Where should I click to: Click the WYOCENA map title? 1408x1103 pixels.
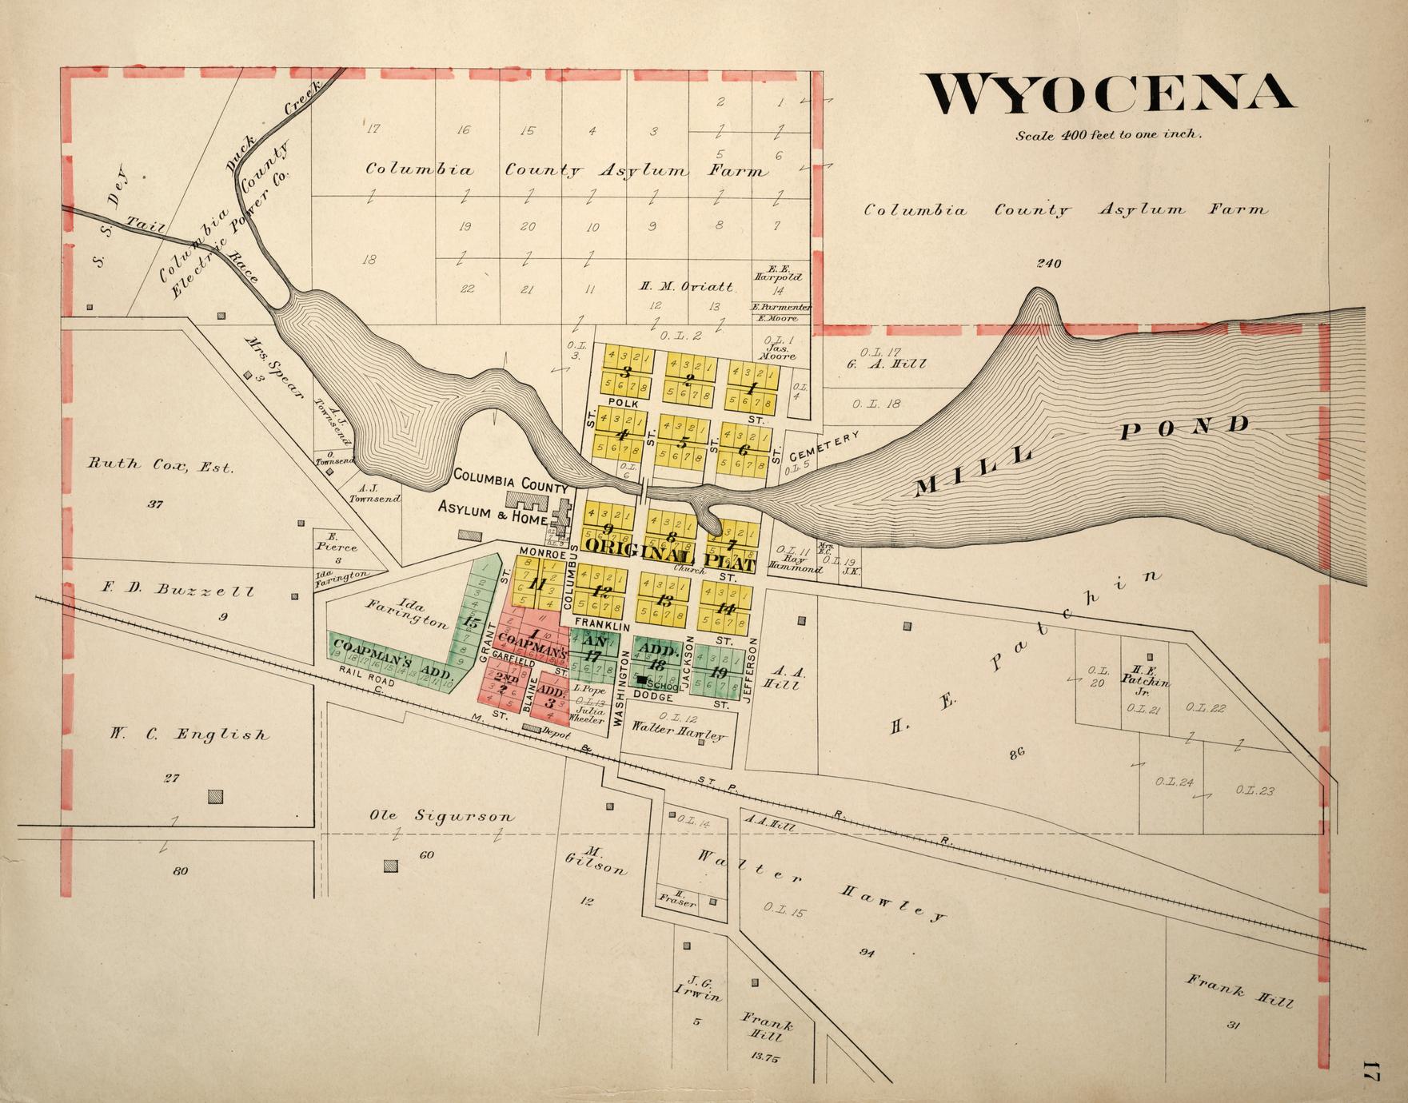[1109, 94]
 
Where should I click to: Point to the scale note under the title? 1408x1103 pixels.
[1108, 135]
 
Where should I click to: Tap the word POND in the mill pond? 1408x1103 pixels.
[1185, 429]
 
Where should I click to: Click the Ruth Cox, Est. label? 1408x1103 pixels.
[161, 464]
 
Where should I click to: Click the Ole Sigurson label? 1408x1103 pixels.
[441, 816]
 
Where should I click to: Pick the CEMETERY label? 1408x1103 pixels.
[824, 446]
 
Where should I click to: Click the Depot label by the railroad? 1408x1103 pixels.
[556, 732]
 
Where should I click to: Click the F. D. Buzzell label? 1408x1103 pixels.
[177, 591]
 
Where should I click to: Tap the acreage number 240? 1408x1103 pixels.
[1048, 263]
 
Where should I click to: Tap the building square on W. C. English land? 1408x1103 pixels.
[215, 796]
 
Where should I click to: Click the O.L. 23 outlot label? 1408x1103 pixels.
[1254, 790]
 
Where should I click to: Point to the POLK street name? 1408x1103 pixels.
[621, 402]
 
